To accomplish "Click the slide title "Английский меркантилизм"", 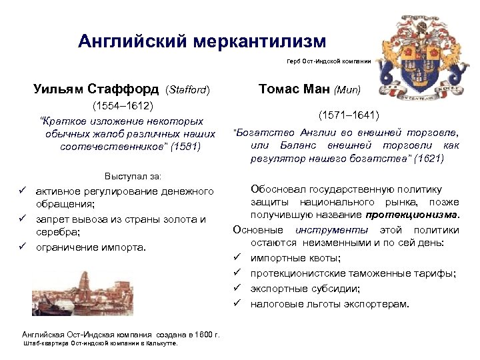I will [202, 42].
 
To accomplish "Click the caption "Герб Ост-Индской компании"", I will [328, 61].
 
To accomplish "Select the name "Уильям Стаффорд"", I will [96, 89].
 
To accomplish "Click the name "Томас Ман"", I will [294, 89].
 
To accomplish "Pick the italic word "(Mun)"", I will [347, 89].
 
